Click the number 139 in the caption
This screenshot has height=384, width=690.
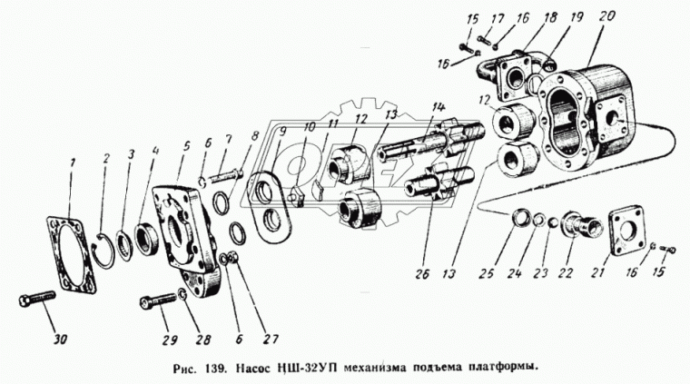tap(216, 368)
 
